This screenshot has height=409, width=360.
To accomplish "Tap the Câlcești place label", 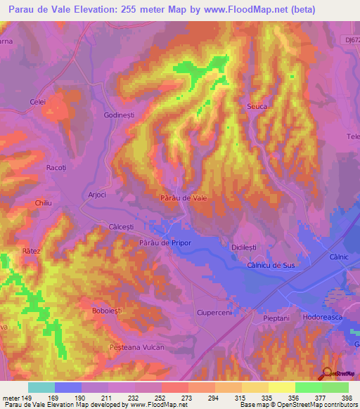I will (122, 227).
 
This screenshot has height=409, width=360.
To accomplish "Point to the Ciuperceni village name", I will (214, 311).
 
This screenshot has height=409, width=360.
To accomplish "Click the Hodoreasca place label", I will (326, 318).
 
